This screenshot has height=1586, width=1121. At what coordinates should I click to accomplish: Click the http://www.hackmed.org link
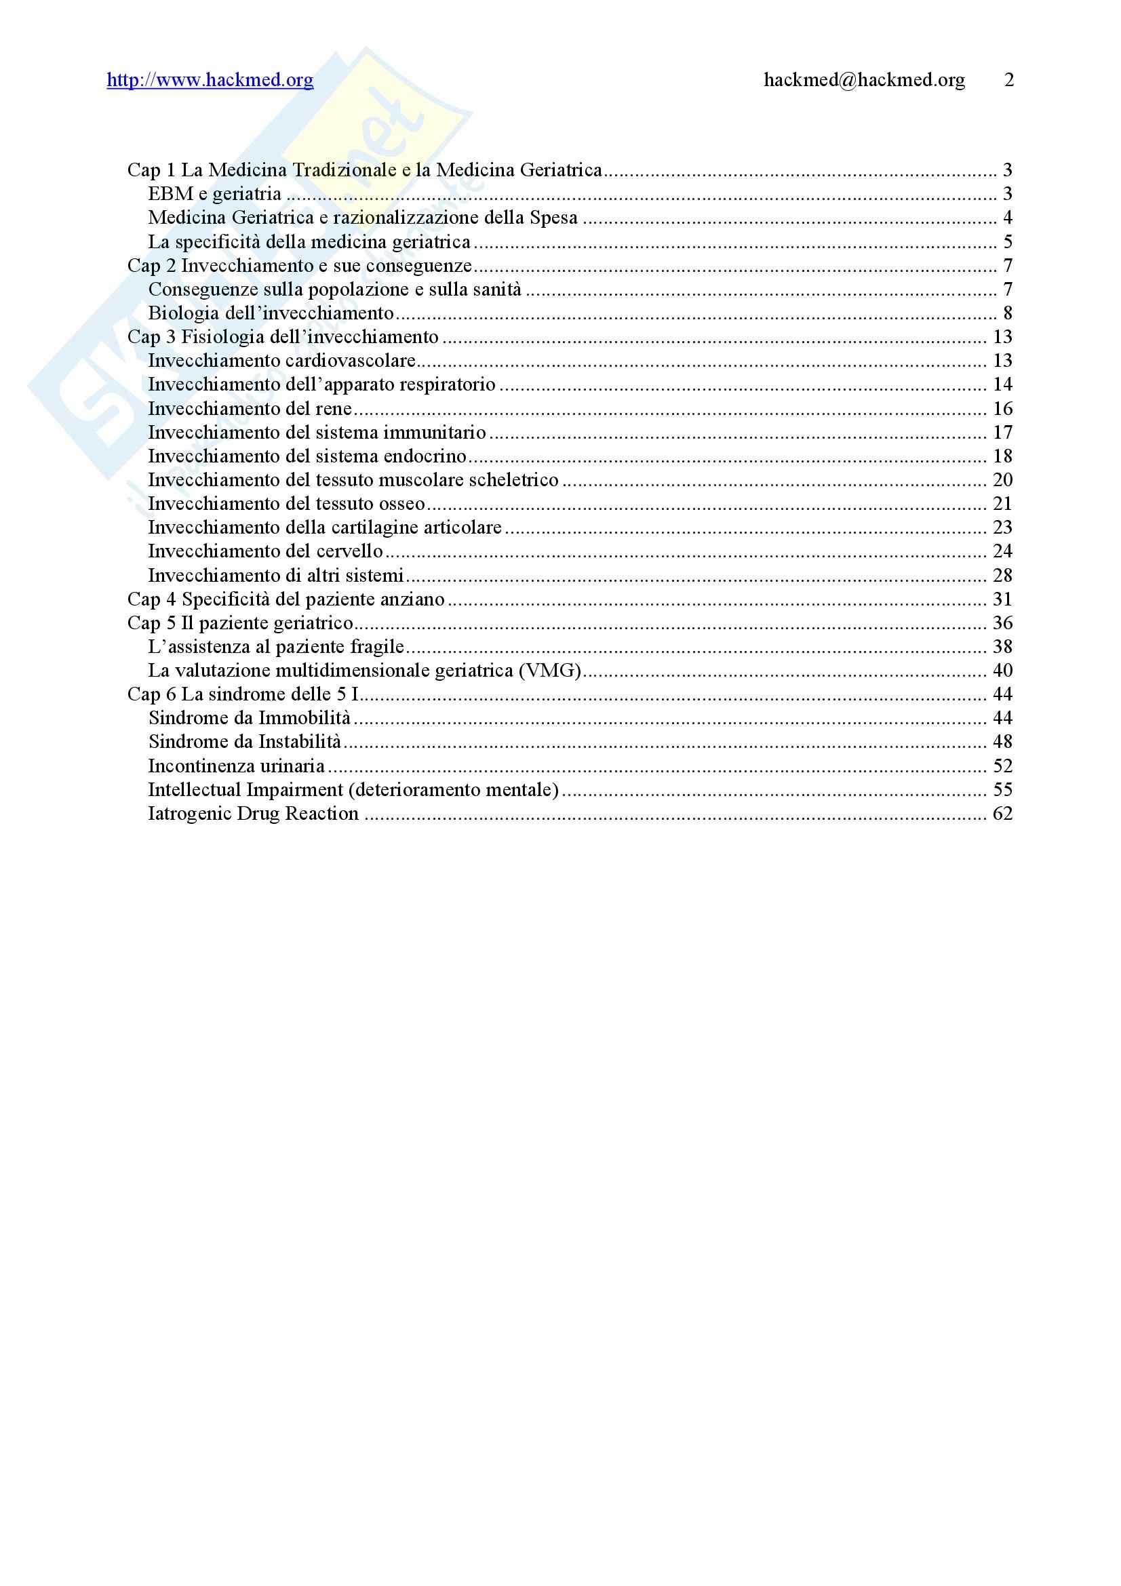210,80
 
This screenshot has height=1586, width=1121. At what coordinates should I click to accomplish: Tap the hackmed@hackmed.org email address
864,80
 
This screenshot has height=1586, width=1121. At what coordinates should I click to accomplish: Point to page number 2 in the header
1009,80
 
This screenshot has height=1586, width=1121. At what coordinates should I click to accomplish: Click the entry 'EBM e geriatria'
215,194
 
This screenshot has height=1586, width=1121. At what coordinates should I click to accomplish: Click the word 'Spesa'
554,218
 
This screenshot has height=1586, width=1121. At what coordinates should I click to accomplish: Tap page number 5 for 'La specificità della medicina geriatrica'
1008,242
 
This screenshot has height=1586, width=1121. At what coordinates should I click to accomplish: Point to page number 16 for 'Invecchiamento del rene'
1002,409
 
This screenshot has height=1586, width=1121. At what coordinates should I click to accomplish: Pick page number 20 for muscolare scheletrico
1002,480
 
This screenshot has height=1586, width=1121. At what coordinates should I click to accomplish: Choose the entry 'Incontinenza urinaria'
236,766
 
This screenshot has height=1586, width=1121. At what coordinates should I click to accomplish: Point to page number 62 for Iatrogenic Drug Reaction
1002,814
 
